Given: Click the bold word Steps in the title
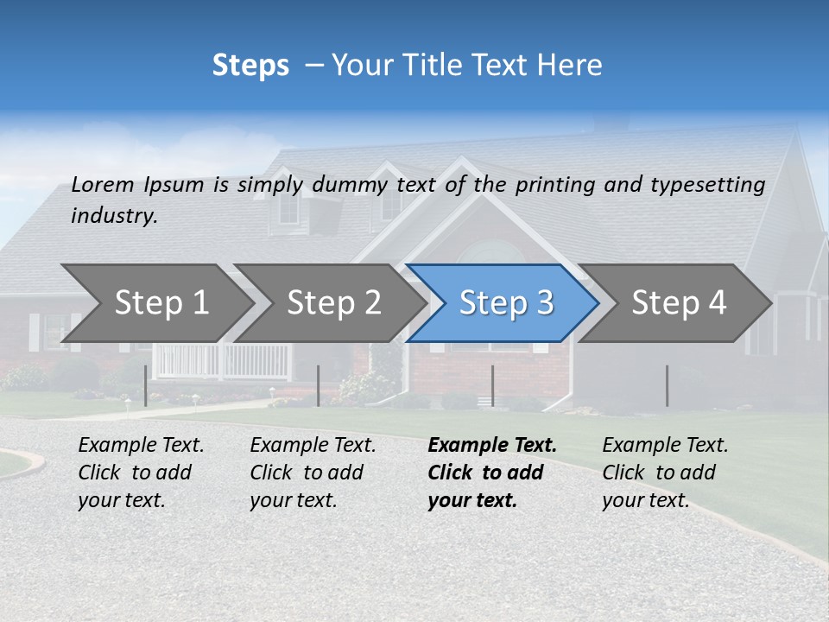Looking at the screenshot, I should tap(250, 66).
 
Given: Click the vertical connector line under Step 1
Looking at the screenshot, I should tap(145, 385).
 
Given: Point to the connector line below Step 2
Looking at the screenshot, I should tap(319, 385).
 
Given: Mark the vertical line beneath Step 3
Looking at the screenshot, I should tap(492, 385).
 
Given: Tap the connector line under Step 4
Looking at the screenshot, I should tap(667, 385).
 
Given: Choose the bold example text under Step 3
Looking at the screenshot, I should tap(491, 473).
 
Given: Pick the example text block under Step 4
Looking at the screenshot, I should tap(665, 473).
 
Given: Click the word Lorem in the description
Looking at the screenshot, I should tap(103, 184).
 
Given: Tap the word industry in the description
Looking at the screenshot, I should tap(114, 216).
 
